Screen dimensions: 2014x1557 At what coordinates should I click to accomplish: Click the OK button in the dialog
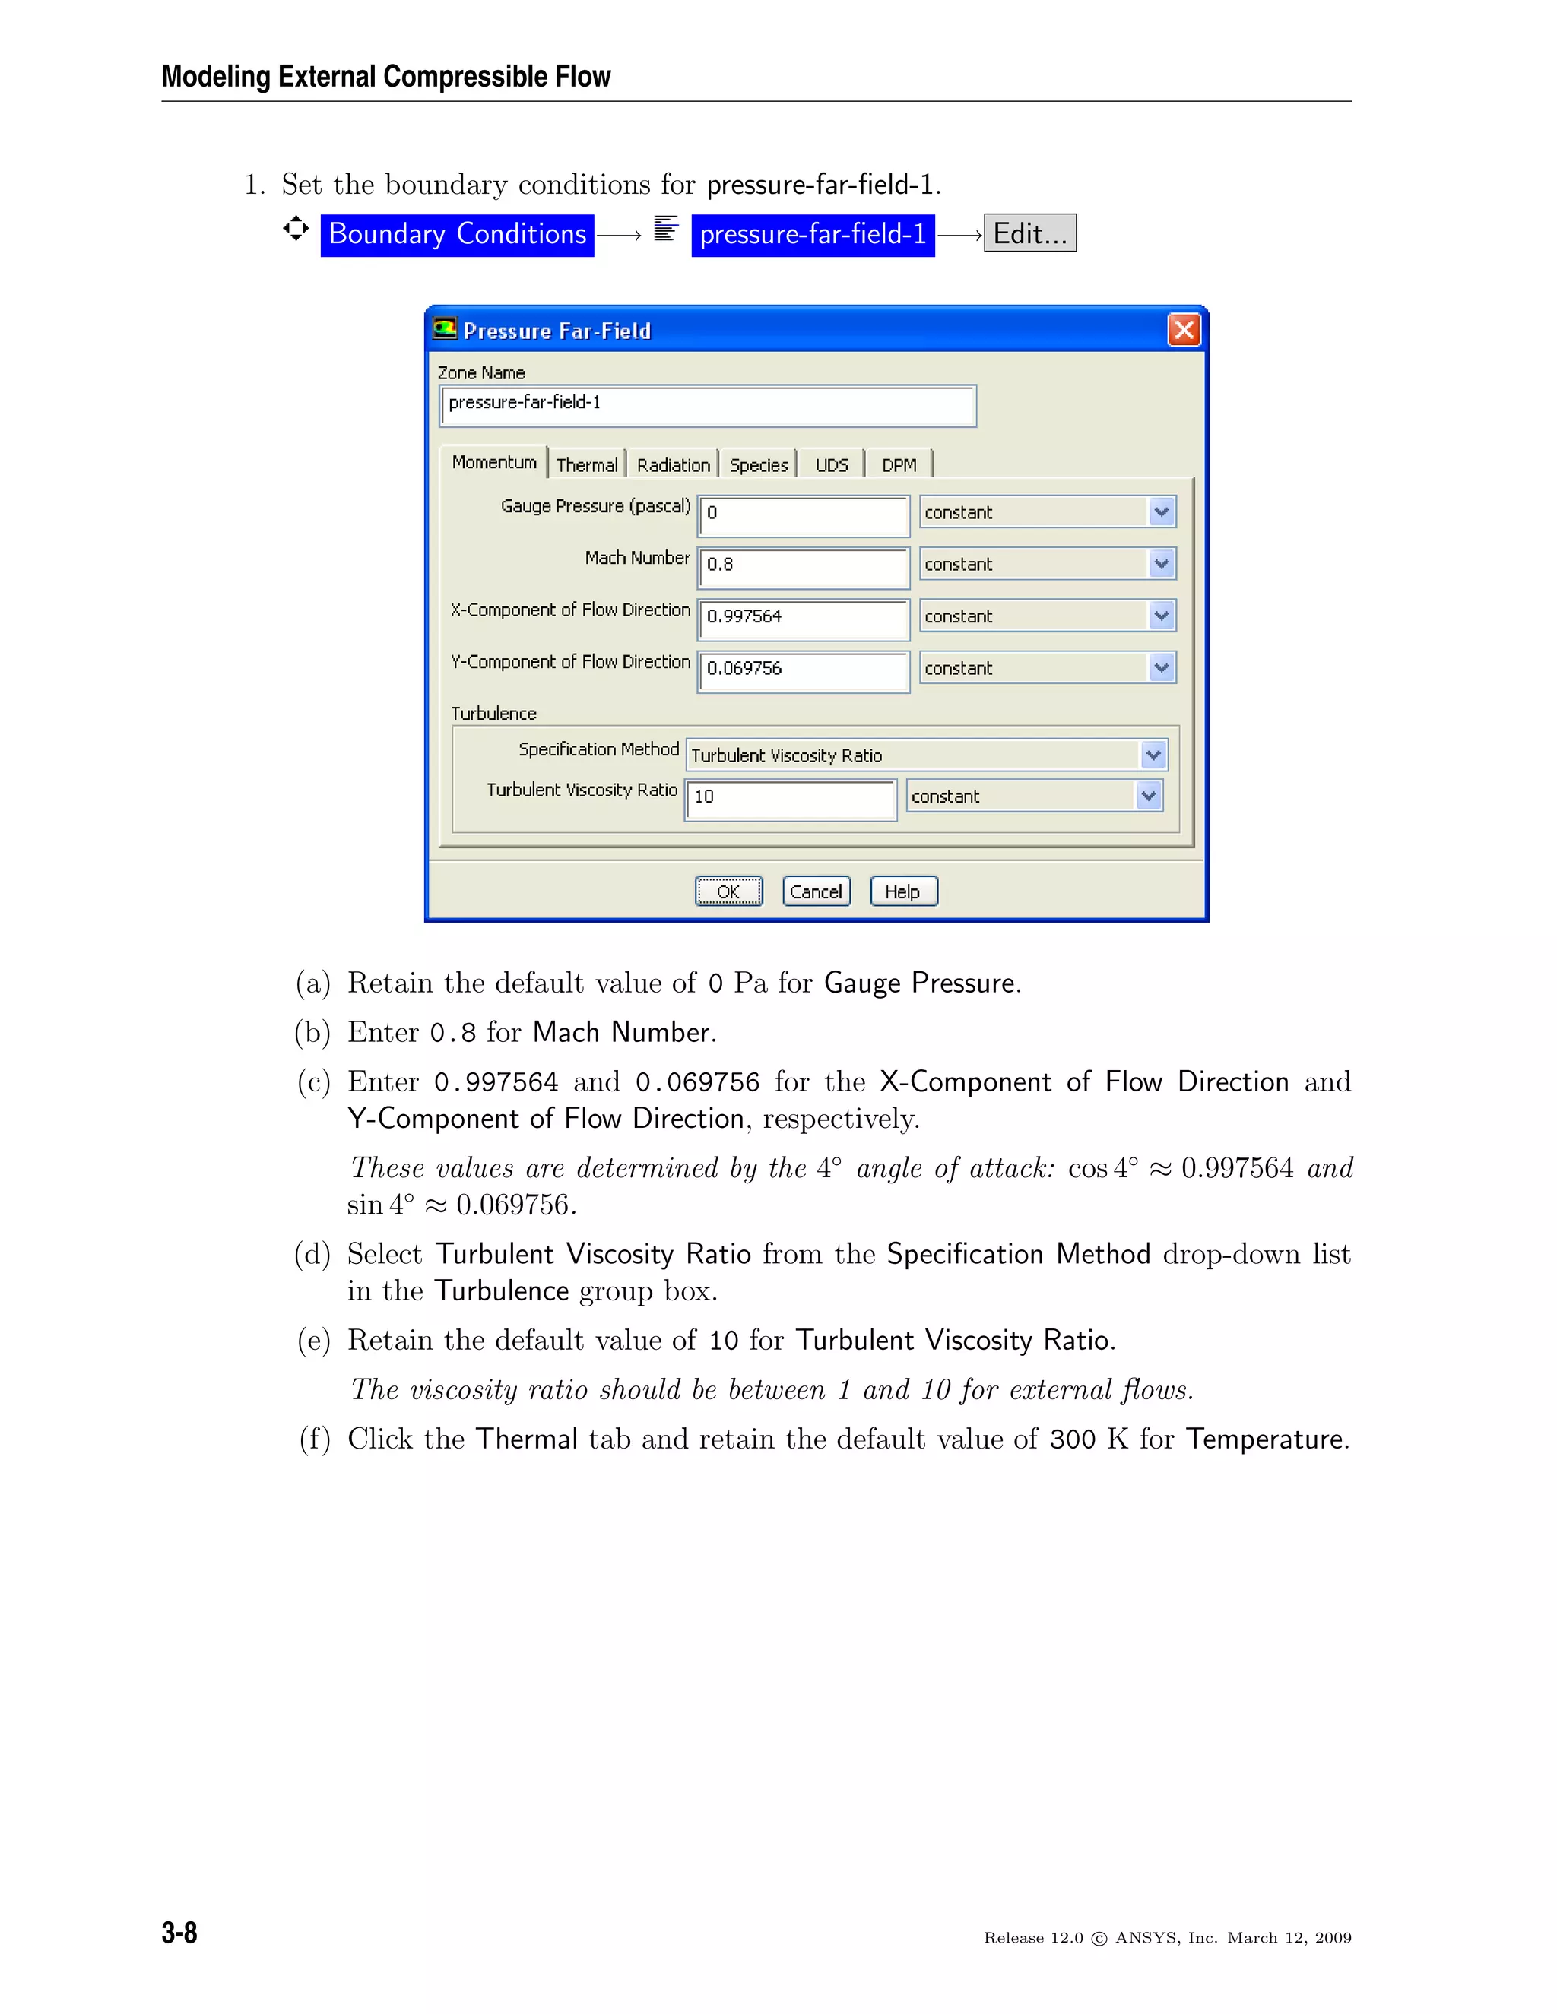pyautogui.click(x=728, y=891)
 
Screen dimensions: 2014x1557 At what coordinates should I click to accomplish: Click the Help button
pyautogui.click(x=903, y=891)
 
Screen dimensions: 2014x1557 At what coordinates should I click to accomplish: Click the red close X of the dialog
pyautogui.click(x=1184, y=330)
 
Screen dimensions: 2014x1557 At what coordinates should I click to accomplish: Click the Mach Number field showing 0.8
pyautogui.click(x=803, y=565)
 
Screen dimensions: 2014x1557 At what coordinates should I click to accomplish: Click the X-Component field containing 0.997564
pyautogui.click(x=803, y=617)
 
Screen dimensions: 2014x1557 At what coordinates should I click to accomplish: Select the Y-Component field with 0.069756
pyautogui.click(x=803, y=669)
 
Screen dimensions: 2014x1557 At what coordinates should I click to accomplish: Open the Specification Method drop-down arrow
pyautogui.click(x=1153, y=755)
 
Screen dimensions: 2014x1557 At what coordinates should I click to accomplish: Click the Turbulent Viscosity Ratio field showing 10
pyautogui.click(x=790, y=796)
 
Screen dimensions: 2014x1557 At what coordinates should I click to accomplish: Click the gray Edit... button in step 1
pyautogui.click(x=1029, y=233)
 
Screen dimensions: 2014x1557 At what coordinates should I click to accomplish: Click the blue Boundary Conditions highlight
pyautogui.click(x=458, y=234)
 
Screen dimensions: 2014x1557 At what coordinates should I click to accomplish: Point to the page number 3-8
pyautogui.click(x=179, y=1932)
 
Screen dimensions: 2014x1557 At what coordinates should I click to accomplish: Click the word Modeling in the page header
pyautogui.click(x=216, y=77)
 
